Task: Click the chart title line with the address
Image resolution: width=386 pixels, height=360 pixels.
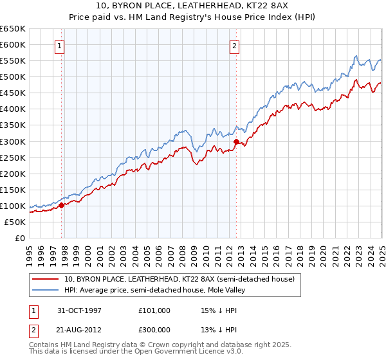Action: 192,6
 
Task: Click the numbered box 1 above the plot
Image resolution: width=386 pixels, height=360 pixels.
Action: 59,46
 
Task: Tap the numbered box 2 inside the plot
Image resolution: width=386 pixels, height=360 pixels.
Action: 234,46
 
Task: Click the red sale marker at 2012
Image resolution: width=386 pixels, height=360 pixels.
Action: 236,141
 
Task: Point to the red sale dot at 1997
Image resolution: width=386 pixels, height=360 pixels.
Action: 62,206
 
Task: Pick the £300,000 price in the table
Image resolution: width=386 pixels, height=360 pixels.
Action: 154,329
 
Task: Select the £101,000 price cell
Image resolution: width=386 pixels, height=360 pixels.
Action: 154,310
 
